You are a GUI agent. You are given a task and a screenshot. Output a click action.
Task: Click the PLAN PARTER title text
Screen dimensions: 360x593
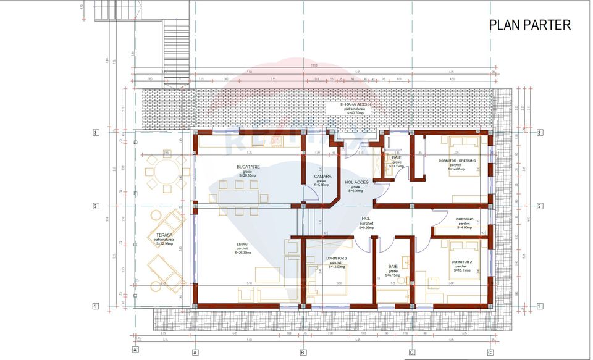pos(529,25)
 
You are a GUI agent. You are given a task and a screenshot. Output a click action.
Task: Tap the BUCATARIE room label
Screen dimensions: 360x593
pos(248,167)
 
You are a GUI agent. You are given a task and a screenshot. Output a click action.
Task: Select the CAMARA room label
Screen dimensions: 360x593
pos(322,176)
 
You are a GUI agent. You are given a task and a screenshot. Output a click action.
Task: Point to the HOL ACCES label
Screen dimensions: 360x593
pos(357,182)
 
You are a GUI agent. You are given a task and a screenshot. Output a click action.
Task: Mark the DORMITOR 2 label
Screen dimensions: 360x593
pos(463,262)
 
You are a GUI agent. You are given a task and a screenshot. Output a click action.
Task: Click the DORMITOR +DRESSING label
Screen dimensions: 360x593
pos(456,161)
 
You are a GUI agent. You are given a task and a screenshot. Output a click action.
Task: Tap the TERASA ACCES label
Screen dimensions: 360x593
pos(355,105)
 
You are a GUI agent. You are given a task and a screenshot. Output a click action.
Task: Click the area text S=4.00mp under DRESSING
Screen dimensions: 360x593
pos(465,227)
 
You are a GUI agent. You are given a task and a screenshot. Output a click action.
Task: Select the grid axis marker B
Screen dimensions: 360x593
pos(303,352)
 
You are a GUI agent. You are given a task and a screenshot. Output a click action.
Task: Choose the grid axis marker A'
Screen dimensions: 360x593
pos(135,350)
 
